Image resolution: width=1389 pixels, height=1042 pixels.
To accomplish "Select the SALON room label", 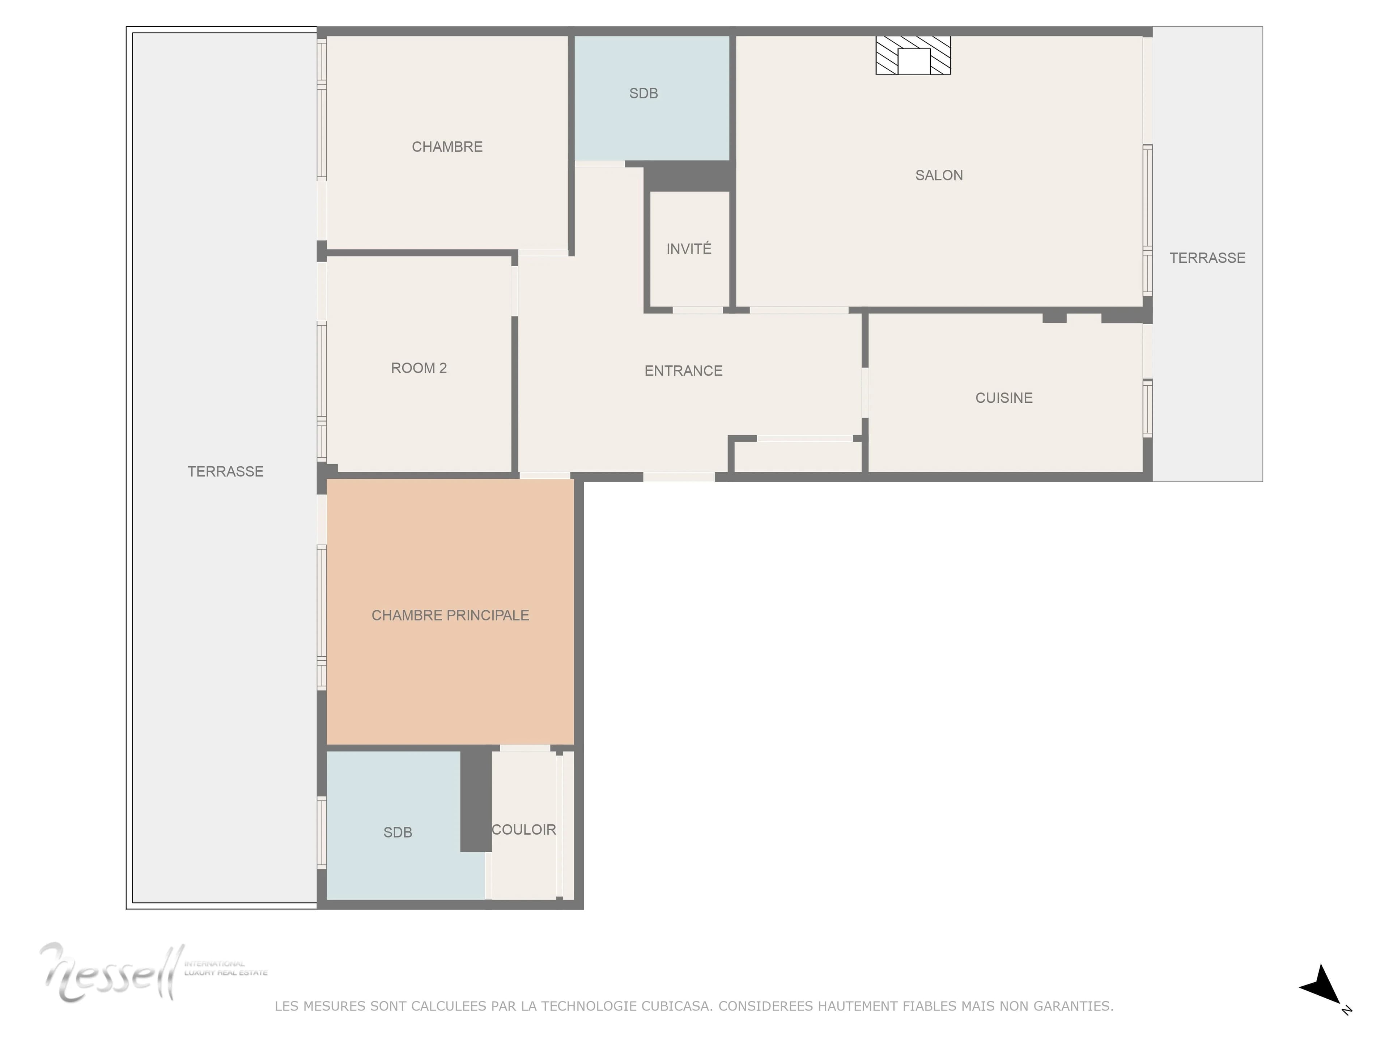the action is [x=939, y=175].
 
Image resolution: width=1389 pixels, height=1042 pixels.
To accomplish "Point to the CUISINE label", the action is [x=1003, y=398].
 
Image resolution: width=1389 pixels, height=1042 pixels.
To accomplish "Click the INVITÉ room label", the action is [x=689, y=249].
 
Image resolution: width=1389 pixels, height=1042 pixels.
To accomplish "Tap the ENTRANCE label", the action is [x=683, y=370].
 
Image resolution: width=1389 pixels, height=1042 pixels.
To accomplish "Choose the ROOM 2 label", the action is [x=419, y=368].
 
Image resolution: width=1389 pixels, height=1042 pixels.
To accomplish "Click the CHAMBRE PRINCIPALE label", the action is [x=450, y=615].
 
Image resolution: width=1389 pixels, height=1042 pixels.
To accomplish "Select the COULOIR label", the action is [x=524, y=830].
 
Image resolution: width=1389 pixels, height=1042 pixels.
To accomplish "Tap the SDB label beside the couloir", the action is [x=398, y=832].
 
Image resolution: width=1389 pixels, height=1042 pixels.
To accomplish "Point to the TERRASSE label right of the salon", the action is [x=1207, y=258].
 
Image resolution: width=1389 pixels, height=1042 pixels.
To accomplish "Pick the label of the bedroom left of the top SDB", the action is [x=447, y=147].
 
